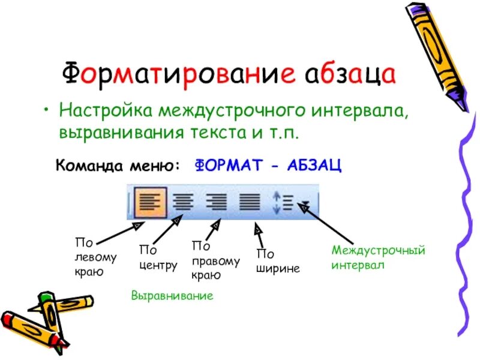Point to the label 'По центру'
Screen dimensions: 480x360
158,257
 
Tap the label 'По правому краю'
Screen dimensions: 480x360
215,261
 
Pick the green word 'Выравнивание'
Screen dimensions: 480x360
172,296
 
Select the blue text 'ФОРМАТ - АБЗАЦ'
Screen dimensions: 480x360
268,166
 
